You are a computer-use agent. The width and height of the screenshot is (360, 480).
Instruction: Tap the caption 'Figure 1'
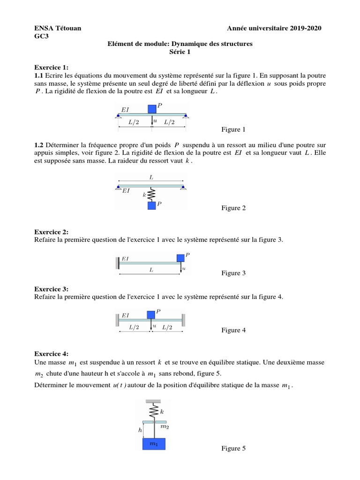pos(233,129)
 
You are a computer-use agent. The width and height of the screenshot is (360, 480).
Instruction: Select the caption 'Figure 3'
pos(233,273)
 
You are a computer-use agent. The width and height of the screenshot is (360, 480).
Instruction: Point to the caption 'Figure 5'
pos(233,449)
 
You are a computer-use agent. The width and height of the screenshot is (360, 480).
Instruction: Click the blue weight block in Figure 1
pos(152,109)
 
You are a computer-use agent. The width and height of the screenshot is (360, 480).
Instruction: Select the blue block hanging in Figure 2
pos(151,205)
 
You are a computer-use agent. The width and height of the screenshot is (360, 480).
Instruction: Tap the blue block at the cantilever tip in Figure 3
pos(180,258)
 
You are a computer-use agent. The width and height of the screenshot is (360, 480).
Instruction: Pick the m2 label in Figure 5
pos(165,427)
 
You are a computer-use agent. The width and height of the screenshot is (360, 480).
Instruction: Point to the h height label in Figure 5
pos(139,430)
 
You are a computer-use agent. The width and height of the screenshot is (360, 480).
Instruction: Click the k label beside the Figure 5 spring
pos(162,412)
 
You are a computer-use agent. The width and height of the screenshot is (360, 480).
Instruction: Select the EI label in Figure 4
pos(125,315)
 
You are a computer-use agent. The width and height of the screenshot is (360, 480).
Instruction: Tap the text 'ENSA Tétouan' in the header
pos(58,29)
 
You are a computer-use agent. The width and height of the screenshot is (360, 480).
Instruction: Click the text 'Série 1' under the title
pos(180,52)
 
